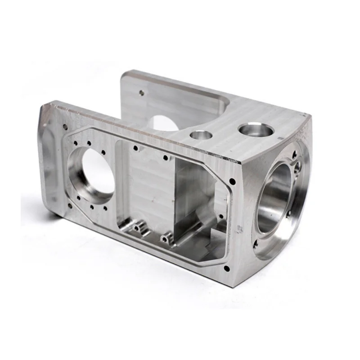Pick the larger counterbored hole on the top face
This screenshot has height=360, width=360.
(256, 130)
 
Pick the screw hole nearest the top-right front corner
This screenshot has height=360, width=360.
(232, 181)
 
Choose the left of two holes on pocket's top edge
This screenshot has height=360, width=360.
(135, 147)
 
